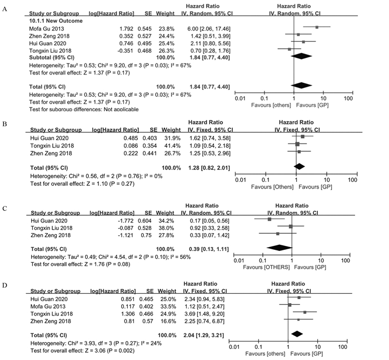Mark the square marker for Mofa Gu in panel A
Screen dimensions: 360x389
click(317, 26)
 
